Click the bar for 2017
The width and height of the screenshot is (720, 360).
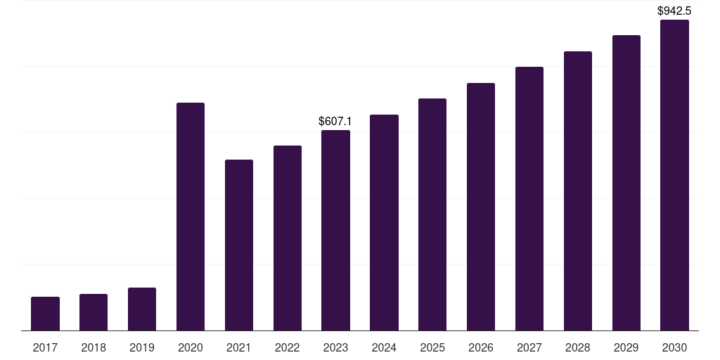pos(46,314)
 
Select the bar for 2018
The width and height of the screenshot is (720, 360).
pos(94,312)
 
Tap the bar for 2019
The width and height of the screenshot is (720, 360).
pos(142,309)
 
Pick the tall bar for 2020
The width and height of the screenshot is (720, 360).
pos(191,217)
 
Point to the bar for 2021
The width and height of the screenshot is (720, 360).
pos(239,245)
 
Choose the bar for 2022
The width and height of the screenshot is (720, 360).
pos(288,238)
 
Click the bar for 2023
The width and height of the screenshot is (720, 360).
pos(335,231)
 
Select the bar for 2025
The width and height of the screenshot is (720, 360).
pos(432,214)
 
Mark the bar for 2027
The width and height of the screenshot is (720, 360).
pos(529,199)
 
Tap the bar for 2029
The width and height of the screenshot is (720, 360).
pos(626,183)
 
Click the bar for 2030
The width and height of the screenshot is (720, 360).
pos(674,175)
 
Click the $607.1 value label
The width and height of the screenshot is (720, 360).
pos(335,121)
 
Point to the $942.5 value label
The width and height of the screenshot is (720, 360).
pos(674,11)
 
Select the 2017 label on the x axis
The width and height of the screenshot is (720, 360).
pos(45,348)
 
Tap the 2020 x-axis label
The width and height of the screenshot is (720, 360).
pos(190,348)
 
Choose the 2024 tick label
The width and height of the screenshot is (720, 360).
pos(384,348)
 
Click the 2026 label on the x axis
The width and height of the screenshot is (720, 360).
pos(481,348)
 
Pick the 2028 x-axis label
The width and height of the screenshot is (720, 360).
pos(578,348)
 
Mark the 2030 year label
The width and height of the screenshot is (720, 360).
pos(674,348)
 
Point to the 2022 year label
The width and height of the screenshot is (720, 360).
pos(287,348)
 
